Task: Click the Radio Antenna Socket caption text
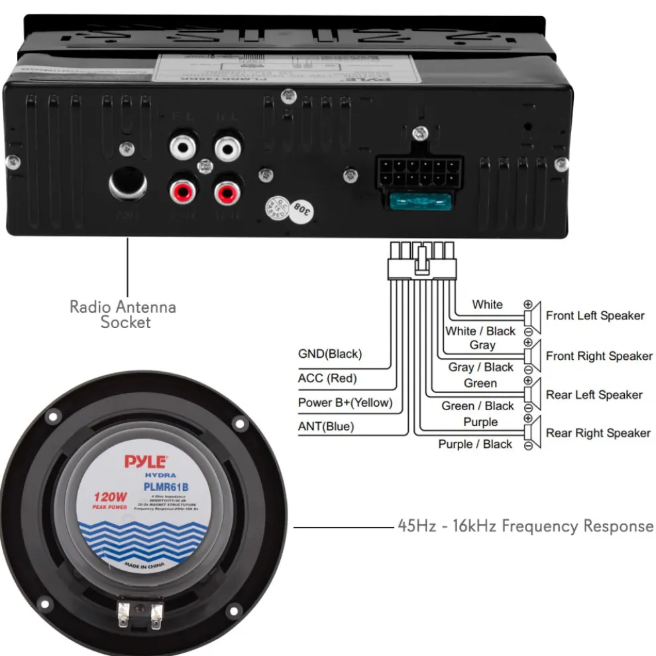click(x=123, y=315)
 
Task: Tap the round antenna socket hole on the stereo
click(x=129, y=182)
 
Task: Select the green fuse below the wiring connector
click(x=421, y=201)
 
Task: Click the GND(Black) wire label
click(x=330, y=354)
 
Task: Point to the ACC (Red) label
click(x=327, y=378)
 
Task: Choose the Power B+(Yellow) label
click(x=345, y=402)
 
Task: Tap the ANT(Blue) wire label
click(x=326, y=427)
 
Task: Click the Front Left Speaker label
click(x=595, y=315)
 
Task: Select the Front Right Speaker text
click(x=599, y=356)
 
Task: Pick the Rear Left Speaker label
click(x=594, y=395)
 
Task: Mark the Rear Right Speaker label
click(x=598, y=433)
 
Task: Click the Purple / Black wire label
click(x=475, y=445)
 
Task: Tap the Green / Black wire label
click(x=478, y=406)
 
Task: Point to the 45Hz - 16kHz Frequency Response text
click(x=525, y=526)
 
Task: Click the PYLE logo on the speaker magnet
click(x=146, y=461)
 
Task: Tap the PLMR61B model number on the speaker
click(x=166, y=487)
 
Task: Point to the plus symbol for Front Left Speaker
click(x=528, y=304)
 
